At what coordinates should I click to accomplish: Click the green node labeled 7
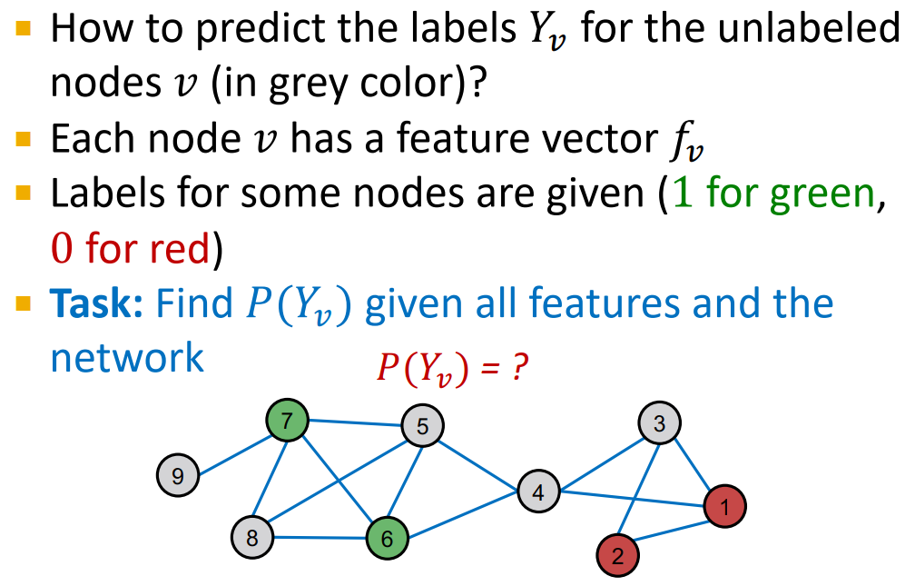[288, 421]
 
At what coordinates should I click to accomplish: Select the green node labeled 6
[388, 538]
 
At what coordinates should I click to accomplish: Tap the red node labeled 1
[724, 504]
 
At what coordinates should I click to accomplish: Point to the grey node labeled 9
[178, 474]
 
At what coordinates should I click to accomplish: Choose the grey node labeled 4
[539, 492]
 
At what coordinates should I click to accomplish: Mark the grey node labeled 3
[659, 422]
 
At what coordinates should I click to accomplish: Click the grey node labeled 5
[423, 424]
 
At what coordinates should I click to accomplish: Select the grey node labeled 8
[252, 537]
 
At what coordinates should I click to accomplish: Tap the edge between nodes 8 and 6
[320, 537]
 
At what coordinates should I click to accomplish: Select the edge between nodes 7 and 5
[356, 422]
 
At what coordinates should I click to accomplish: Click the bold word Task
[97, 303]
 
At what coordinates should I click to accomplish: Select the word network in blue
[127, 356]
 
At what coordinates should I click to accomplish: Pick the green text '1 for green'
[771, 194]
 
